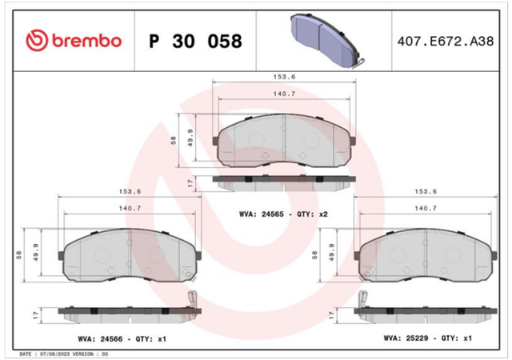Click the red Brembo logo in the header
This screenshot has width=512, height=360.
coord(74,41)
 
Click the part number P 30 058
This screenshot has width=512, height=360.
coord(195,41)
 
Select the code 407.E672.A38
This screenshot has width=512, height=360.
coord(446,42)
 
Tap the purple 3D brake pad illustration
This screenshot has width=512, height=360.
coord(327,40)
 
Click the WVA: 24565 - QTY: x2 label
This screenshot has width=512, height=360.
coord(283,214)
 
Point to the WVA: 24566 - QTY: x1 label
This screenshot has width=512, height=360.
coord(122,339)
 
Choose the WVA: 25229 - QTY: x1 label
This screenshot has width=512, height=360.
coord(428,338)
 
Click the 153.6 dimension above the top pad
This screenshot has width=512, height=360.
coord(284,77)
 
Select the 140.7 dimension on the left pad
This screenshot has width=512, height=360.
coord(130,209)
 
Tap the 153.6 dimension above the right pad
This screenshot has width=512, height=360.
coord(426,191)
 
